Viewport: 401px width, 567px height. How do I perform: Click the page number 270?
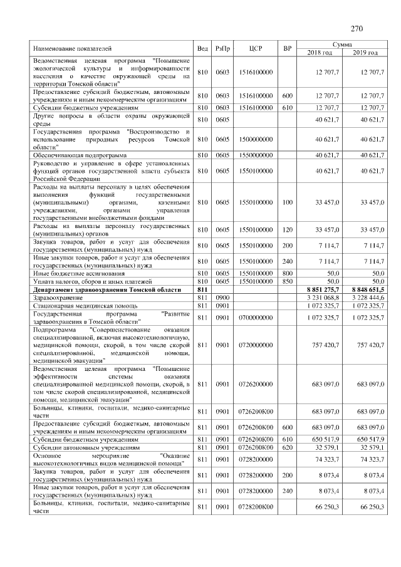(357, 29)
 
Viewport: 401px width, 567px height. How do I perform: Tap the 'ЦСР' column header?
(255, 49)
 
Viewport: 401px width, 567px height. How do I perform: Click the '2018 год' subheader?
(320, 53)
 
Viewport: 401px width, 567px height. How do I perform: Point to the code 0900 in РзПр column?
(222, 298)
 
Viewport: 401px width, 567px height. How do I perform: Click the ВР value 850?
(288, 282)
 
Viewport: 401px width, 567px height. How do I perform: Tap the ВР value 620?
(288, 447)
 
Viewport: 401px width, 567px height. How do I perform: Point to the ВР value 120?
(288, 230)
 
